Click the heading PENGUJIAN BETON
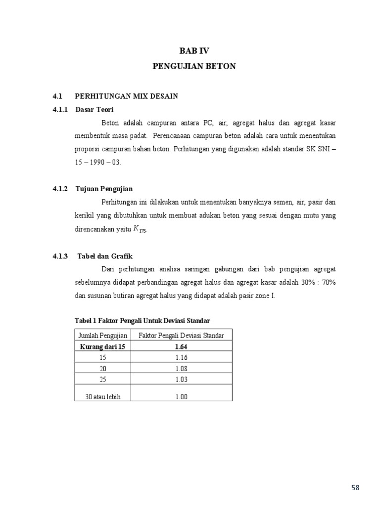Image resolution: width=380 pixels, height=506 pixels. click(194, 66)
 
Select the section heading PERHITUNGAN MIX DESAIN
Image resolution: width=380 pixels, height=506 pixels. click(126, 96)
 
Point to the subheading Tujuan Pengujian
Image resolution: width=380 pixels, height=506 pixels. click(104, 189)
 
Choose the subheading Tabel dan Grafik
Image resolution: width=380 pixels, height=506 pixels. click(105, 256)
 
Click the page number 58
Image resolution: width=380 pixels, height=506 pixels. click(355, 488)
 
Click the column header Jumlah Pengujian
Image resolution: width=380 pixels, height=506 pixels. click(102, 336)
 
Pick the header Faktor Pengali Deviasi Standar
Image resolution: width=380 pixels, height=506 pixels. click(181, 336)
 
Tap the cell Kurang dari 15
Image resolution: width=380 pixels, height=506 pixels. click(102, 346)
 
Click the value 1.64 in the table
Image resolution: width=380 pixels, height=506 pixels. click(181, 346)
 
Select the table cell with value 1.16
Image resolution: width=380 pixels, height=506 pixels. click(181, 357)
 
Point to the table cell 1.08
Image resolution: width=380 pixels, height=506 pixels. click(181, 368)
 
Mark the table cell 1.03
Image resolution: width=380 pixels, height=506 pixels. click(181, 379)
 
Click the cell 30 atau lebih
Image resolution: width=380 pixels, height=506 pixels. click(102, 396)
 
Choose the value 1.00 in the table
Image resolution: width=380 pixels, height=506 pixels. click(181, 396)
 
